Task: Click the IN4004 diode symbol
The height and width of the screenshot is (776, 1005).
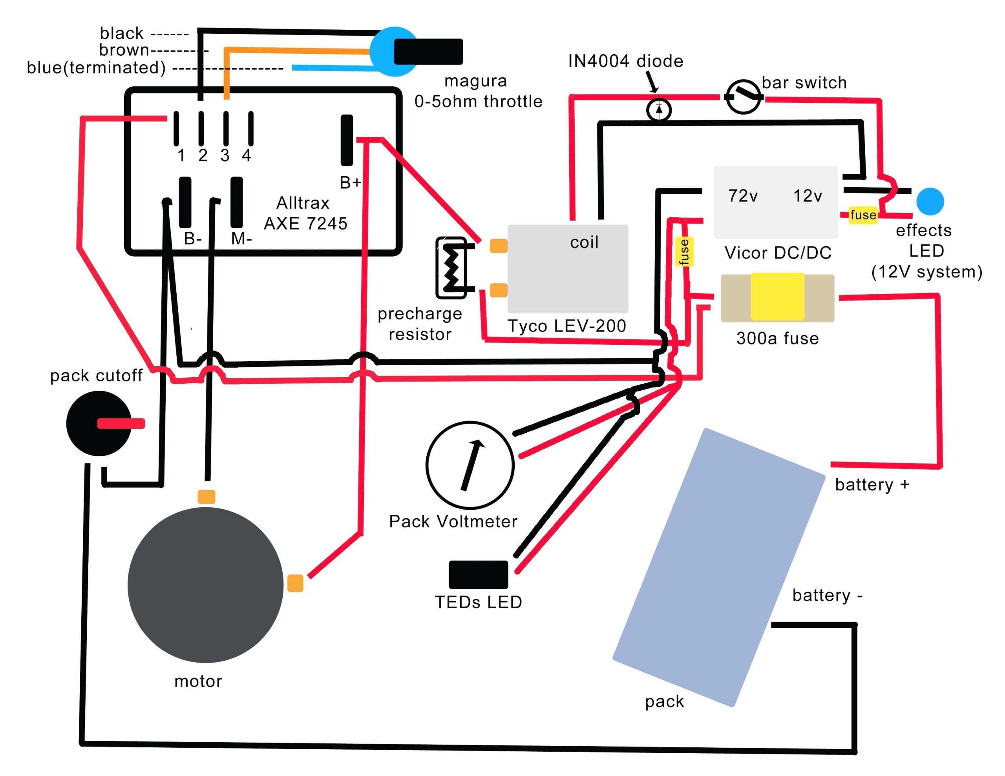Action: point(659,110)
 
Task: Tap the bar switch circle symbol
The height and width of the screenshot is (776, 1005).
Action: point(743,97)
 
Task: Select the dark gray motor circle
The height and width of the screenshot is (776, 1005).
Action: point(205,585)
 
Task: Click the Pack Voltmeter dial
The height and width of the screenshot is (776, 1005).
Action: point(470,465)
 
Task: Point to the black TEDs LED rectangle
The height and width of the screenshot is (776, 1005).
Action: point(478,574)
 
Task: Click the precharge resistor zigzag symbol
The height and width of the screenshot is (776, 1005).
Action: point(451,267)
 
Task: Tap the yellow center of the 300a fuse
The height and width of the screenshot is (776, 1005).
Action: point(777,297)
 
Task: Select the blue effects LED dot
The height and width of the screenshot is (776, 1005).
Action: point(930,202)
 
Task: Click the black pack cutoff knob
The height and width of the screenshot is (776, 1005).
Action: point(99,424)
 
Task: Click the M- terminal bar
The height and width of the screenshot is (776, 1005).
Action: point(236,202)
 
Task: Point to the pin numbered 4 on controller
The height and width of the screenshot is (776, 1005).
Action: point(251,128)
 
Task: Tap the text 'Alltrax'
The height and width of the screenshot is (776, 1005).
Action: point(303,203)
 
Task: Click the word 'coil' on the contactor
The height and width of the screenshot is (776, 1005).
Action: point(584,242)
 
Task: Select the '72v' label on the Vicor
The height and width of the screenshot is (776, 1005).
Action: point(743,196)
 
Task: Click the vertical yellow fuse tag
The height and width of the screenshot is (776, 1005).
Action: point(684,251)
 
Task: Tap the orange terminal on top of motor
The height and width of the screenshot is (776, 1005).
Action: point(206,497)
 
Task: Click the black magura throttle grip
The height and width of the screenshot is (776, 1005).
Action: point(428,51)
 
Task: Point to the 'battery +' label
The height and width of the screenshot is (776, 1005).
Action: point(872,485)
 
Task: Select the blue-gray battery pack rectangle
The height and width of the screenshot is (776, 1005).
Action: point(719,567)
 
